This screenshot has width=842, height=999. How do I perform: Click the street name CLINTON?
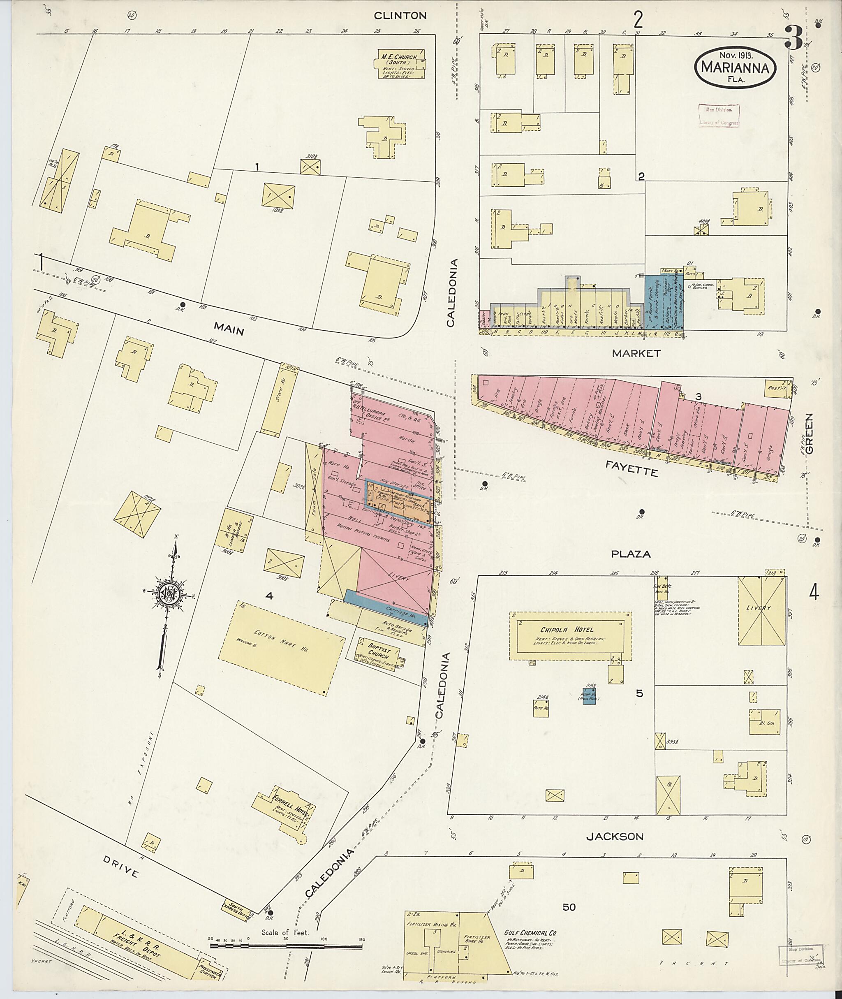400,15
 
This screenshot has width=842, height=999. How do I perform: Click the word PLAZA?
631,554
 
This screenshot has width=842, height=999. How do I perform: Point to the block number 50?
569,907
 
